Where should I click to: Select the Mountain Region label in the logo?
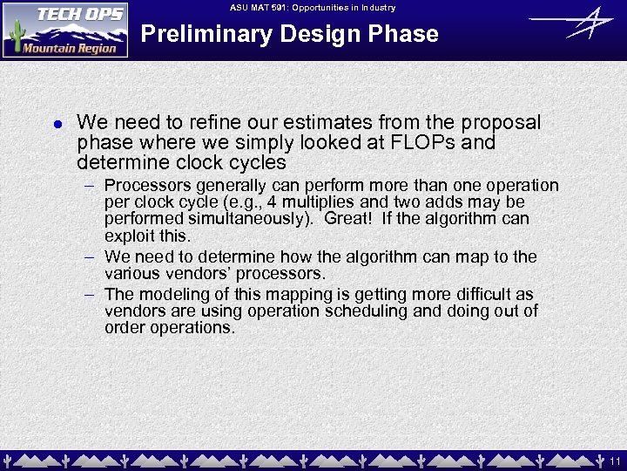[70, 48]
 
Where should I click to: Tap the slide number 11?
[615, 461]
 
